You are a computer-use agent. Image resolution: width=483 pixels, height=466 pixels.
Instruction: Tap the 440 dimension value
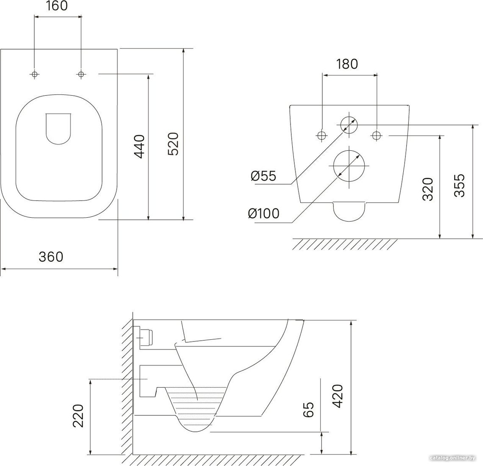(x=140, y=147)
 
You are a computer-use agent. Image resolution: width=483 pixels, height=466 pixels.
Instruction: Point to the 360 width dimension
(x=51, y=256)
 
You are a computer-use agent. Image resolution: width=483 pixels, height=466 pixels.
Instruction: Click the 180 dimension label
(x=347, y=64)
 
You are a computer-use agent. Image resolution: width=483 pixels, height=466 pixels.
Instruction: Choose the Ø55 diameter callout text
(x=263, y=176)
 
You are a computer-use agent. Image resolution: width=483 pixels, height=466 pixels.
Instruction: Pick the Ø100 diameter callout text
(x=264, y=213)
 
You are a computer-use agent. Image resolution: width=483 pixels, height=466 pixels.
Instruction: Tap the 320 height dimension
(x=428, y=189)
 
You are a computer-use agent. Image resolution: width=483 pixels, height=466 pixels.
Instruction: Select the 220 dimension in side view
(x=78, y=416)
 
